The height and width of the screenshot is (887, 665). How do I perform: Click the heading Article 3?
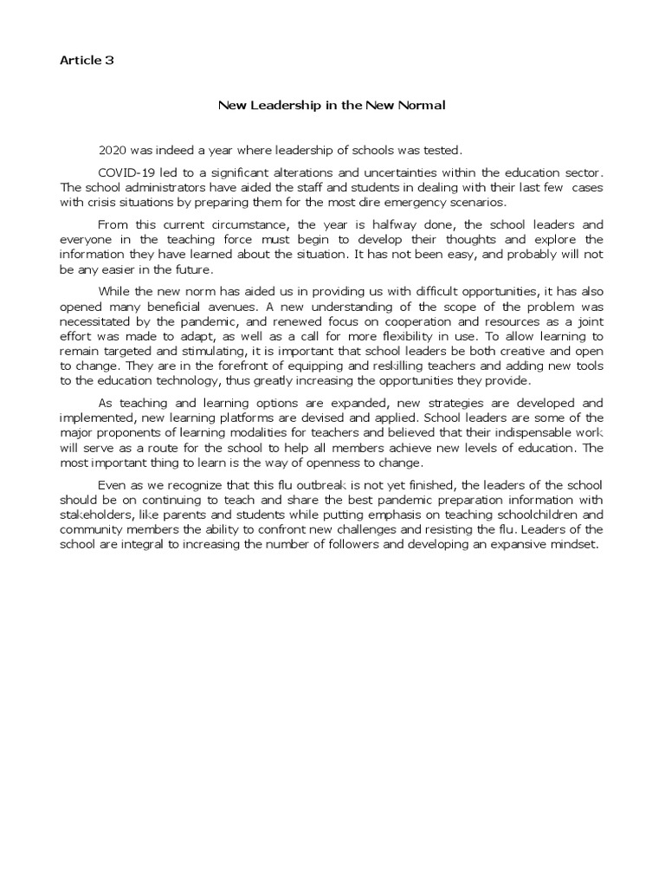coord(87,61)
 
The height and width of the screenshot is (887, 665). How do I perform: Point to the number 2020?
coord(113,151)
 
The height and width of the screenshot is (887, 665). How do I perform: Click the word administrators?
coord(162,188)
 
